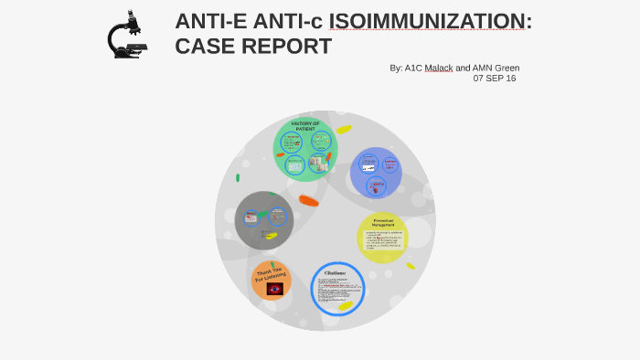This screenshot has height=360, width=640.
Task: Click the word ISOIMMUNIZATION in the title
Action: (430, 22)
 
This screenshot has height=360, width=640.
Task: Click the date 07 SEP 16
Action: (494, 79)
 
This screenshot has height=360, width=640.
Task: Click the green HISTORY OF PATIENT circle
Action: (305, 150)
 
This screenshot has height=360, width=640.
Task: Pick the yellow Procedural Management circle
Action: (382, 238)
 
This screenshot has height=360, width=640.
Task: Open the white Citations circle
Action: (337, 289)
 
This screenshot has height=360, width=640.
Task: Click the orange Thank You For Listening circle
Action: (272, 281)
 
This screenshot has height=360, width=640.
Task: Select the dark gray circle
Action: (263, 220)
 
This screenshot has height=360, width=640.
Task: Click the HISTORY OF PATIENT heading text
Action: (305, 126)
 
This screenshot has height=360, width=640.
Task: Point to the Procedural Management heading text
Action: (382, 223)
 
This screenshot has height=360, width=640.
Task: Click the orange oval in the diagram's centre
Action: (309, 200)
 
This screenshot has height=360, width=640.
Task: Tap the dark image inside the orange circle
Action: (274, 289)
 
